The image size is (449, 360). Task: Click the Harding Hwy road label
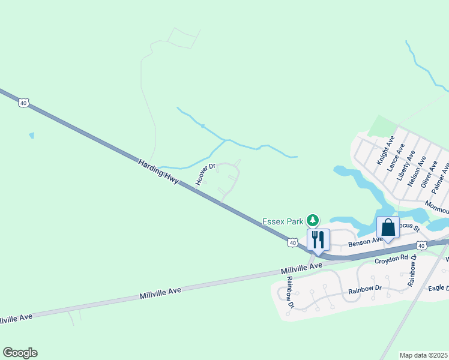[x=158, y=172]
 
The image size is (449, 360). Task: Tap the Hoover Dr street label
[x=205, y=174]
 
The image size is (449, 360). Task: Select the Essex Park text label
[x=283, y=221]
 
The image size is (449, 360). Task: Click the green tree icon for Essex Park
[x=312, y=221]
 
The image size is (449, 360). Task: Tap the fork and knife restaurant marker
[x=318, y=239]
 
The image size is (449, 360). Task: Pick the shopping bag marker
[x=388, y=228]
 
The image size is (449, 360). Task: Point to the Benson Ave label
[x=365, y=241]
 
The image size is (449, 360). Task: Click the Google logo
[x=20, y=353]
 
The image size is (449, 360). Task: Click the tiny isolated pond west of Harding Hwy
[x=31, y=136]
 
